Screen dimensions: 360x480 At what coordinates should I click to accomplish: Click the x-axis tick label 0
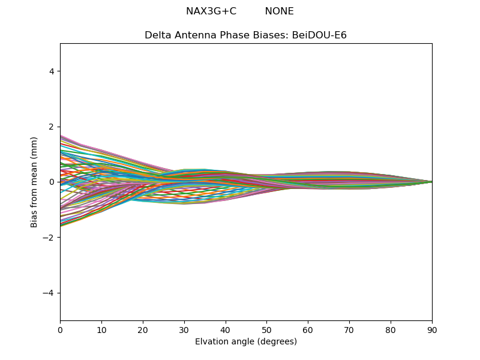click(60, 329)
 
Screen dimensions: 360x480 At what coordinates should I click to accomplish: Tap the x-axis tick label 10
click(101, 329)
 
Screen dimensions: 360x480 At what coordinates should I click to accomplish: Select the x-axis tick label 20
click(143, 329)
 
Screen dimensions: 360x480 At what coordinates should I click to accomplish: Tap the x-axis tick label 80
click(391, 329)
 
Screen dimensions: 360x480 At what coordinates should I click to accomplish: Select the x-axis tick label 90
click(432, 329)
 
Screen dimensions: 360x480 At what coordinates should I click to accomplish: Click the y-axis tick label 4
click(52, 71)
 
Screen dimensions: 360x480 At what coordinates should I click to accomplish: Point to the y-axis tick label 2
click(52, 127)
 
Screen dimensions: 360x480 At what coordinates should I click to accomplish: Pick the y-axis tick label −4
click(49, 293)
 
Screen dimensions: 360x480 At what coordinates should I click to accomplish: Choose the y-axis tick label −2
click(49, 238)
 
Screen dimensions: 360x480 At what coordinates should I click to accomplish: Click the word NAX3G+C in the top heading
click(211, 11)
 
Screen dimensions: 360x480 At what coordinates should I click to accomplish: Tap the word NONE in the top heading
click(279, 11)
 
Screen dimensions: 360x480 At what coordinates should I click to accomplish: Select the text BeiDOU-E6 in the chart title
click(319, 35)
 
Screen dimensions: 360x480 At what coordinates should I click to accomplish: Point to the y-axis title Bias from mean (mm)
click(35, 182)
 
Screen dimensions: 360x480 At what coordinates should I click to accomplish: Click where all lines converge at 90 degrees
click(431, 182)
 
